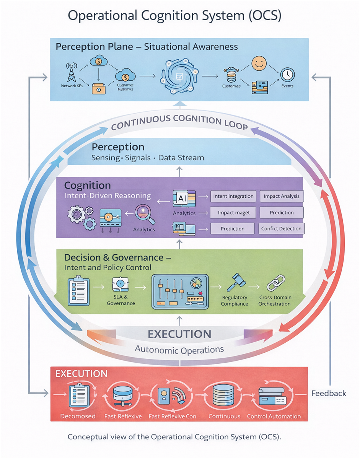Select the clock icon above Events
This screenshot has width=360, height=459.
pos(287,74)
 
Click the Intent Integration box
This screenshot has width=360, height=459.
pos(233,196)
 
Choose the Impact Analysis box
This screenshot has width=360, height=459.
pos(282,196)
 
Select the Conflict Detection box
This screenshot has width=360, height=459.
pos(281,229)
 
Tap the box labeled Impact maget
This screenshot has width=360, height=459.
pos(233,213)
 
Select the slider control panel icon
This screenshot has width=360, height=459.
pos(180,291)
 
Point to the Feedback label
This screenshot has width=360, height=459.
pos(329,393)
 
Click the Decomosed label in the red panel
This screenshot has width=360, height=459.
pos(78,416)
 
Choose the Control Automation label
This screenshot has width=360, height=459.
pos(274,416)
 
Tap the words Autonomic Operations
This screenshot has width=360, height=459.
pos(179,349)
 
